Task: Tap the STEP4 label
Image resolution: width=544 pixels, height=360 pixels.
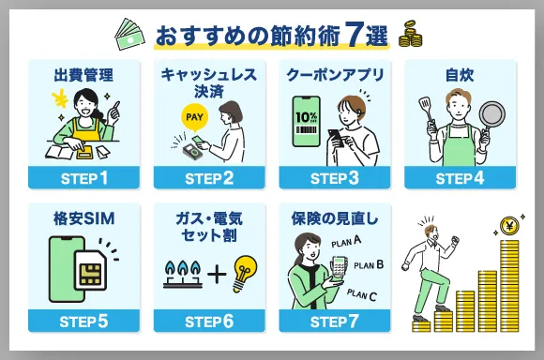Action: click(x=460, y=177)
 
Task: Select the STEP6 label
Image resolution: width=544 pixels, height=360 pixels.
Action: click(x=210, y=321)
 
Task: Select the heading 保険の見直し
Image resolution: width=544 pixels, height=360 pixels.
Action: click(x=335, y=217)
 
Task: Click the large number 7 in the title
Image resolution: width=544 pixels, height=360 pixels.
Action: click(x=351, y=36)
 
